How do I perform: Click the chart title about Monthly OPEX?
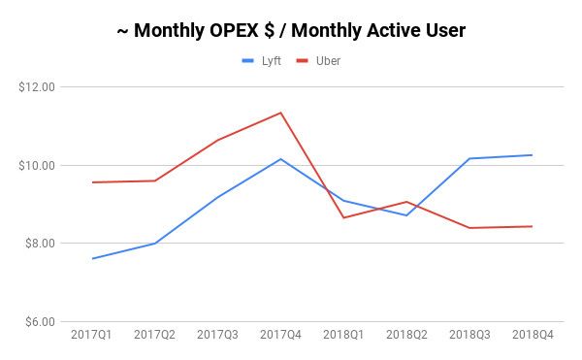click(x=291, y=30)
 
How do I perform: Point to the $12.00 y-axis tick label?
click(x=37, y=87)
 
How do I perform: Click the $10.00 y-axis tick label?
click(x=37, y=165)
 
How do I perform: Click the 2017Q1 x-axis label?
click(x=91, y=335)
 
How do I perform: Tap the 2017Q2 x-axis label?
click(x=154, y=335)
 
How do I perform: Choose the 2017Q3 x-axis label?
click(x=217, y=335)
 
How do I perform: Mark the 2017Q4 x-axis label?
click(x=280, y=335)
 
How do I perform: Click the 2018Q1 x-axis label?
click(x=343, y=335)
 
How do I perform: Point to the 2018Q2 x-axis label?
click(x=406, y=335)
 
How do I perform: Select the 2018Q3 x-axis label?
click(x=469, y=335)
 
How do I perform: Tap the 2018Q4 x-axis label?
click(x=532, y=335)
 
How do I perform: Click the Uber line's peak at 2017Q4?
click(x=280, y=113)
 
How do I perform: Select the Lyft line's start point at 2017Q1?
click(x=91, y=258)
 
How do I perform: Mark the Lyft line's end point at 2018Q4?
click(x=532, y=155)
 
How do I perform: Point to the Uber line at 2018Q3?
click(x=469, y=228)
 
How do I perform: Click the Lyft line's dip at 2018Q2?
click(x=406, y=215)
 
